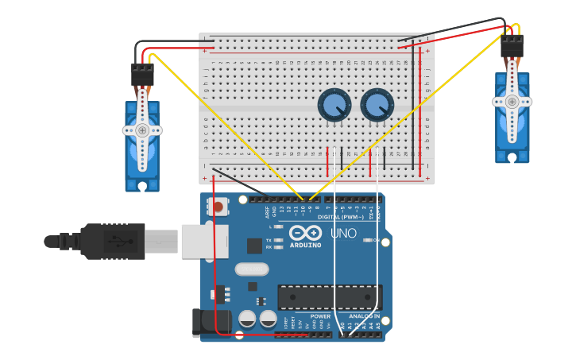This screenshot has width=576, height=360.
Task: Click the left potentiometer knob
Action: pyautogui.click(x=334, y=105)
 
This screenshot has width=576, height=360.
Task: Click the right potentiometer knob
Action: pyautogui.click(x=377, y=105)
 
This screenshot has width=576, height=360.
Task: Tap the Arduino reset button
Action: pyautogui.click(x=217, y=207)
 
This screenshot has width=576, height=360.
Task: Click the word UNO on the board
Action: pyautogui.click(x=343, y=233)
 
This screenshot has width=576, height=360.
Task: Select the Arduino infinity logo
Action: pyautogui.click(x=306, y=233)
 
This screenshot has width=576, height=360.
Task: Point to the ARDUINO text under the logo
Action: pyautogui.click(x=306, y=245)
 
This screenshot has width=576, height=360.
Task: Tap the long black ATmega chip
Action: pyautogui.click(x=329, y=297)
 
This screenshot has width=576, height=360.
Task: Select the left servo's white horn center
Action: pyautogui.click(x=142, y=130)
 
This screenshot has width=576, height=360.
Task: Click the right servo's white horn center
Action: pyautogui.click(x=512, y=102)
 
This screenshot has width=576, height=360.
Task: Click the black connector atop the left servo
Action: pyautogui.click(x=142, y=75)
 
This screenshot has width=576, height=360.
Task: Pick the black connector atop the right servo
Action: pyautogui.click(x=512, y=45)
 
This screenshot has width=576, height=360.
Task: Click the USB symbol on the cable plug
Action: pyautogui.click(x=115, y=241)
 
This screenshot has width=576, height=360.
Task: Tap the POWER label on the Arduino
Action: pyautogui.click(x=320, y=315)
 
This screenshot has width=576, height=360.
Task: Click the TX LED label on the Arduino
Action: pyautogui.click(x=269, y=239)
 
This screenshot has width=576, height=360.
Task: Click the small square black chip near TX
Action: pyautogui.click(x=254, y=246)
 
